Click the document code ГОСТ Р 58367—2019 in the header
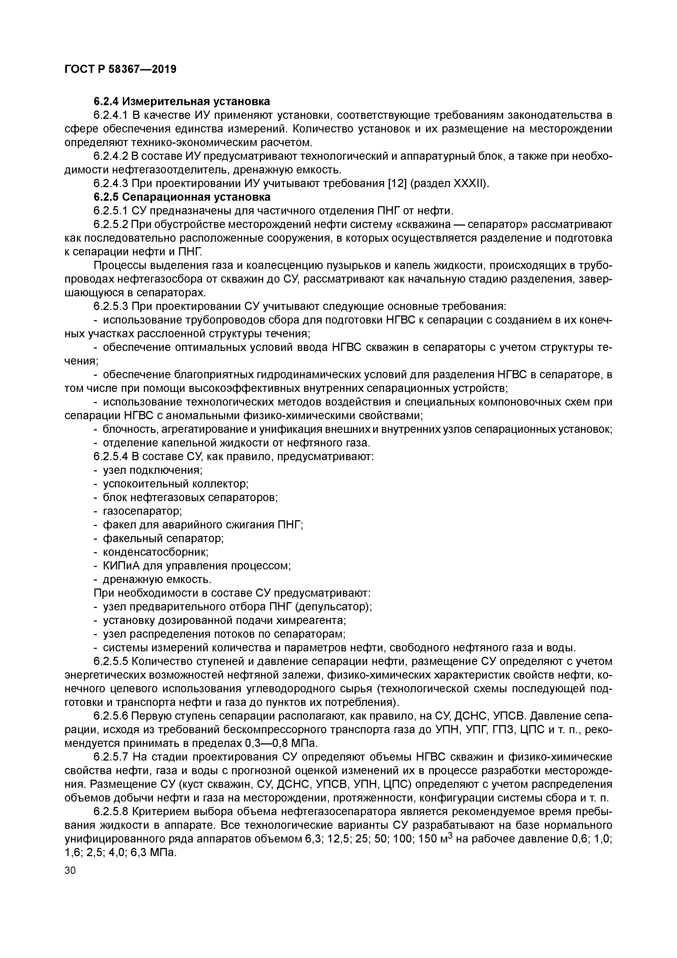coord(121,69)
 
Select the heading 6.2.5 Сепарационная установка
coord(182,197)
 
